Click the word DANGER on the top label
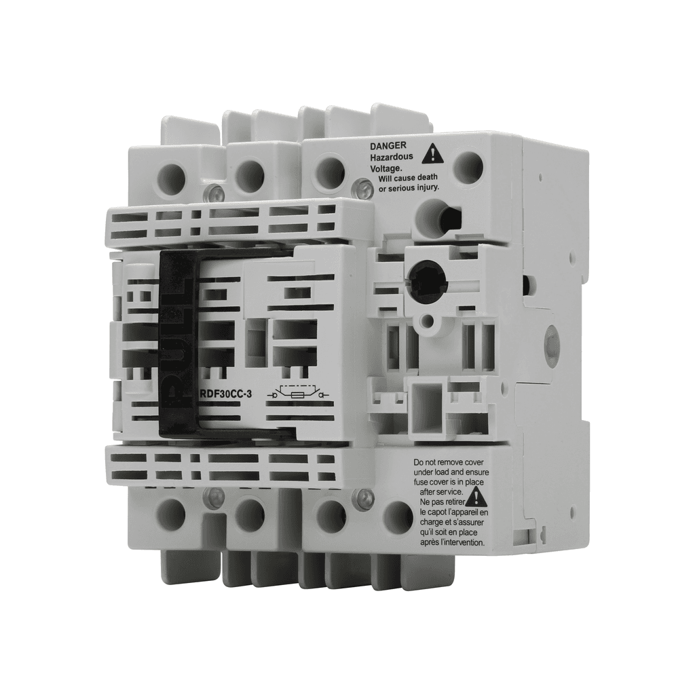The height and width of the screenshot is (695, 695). (388, 145)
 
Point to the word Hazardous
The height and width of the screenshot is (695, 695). (392, 157)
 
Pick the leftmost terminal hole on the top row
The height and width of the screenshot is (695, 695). (171, 178)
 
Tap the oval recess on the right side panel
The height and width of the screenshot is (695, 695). (551, 347)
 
